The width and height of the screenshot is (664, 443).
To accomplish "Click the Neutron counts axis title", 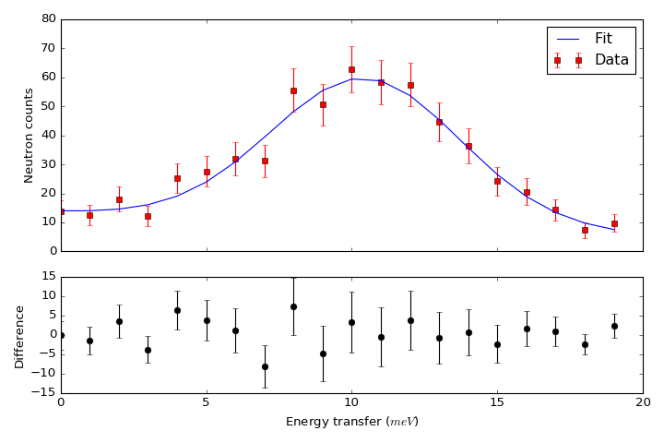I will [29, 135].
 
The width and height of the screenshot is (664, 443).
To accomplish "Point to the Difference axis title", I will [19, 336].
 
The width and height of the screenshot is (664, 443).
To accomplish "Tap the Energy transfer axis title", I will [351, 422].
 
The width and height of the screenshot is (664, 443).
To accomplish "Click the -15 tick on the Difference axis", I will [42, 392].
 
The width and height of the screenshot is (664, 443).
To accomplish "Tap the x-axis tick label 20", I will [643, 402].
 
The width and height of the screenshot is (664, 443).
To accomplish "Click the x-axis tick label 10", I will [351, 402].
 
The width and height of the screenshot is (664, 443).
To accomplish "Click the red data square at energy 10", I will [351, 69].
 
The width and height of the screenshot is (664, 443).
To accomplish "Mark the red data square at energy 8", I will [293, 90].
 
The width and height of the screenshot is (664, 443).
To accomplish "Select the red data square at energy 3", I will [148, 216].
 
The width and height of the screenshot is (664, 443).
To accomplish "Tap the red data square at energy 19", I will [614, 223].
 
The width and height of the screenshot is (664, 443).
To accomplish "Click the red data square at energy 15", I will [497, 181].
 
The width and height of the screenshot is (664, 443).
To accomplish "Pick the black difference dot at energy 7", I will [265, 366].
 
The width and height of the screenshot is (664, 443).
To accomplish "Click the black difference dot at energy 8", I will [293, 306].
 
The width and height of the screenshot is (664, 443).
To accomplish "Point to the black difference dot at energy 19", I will [614, 326].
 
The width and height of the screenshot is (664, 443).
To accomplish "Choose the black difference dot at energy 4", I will [177, 310].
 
